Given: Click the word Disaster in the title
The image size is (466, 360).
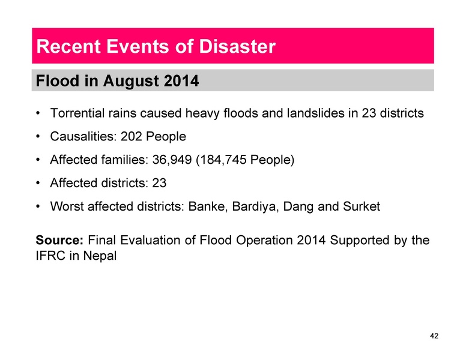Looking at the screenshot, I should [x=234, y=46].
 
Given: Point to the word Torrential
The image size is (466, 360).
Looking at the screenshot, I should [x=77, y=113].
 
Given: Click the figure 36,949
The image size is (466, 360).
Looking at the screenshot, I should [x=170, y=160].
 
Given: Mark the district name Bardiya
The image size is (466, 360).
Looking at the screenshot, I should [x=252, y=207].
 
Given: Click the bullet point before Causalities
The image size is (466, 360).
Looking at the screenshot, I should [x=39, y=137].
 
